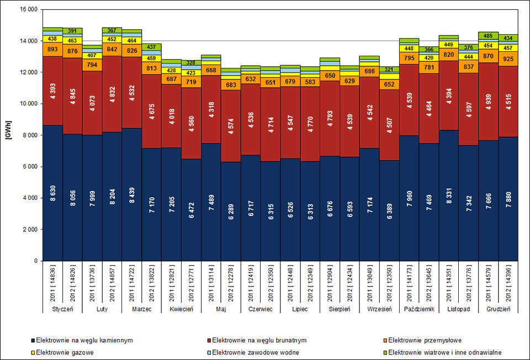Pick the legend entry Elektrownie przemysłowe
[425, 340]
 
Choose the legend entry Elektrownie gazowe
[65, 352]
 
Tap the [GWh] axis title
[8, 135]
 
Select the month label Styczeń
[62, 309]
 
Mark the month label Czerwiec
[261, 309]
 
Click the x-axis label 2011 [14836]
[52, 282]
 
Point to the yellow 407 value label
[92, 55]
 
